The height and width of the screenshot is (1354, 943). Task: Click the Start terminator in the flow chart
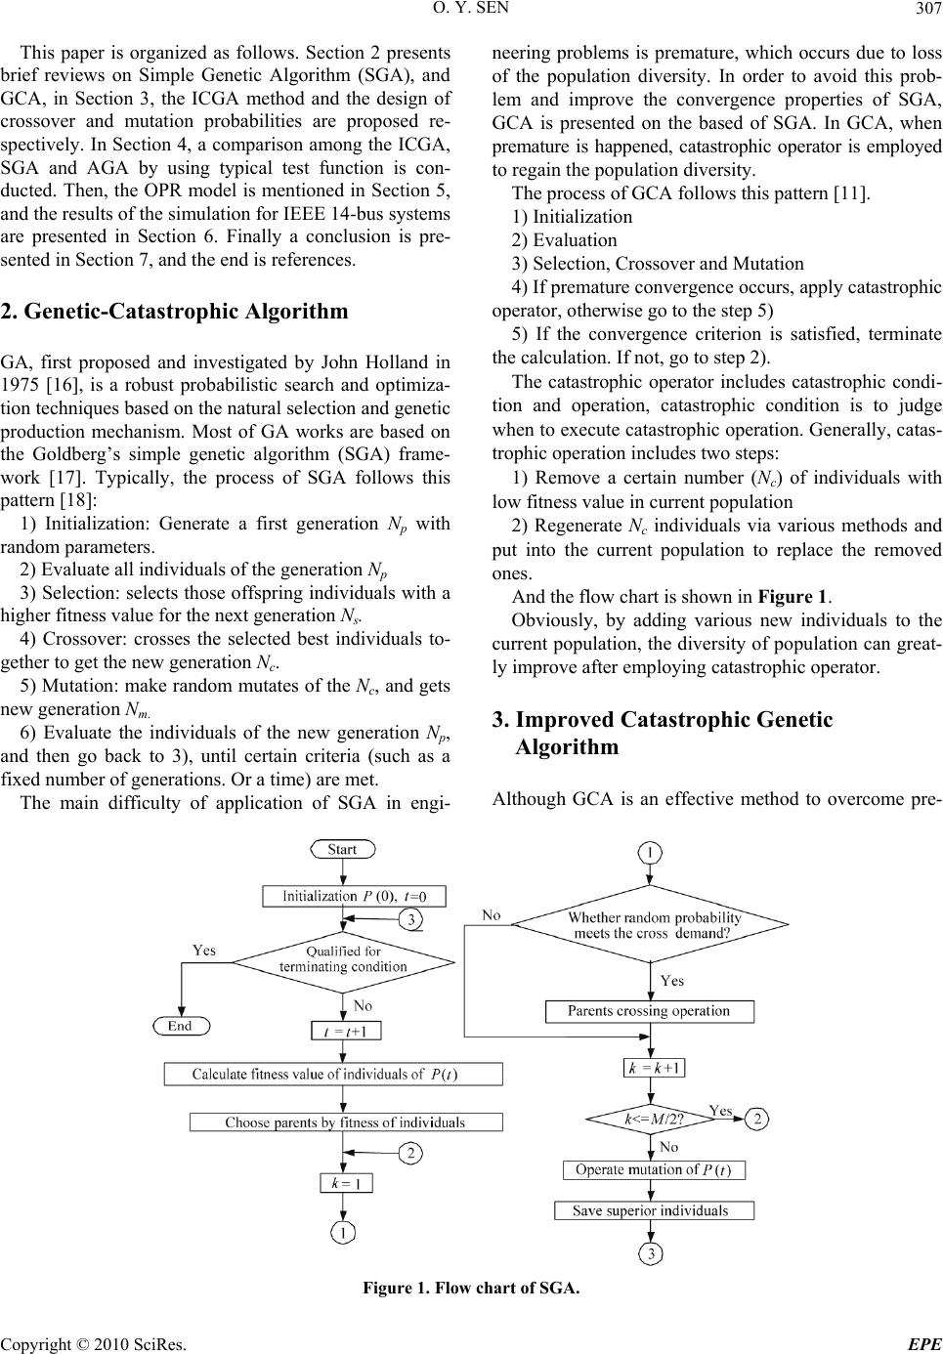342,849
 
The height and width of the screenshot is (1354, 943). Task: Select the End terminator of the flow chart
180,1026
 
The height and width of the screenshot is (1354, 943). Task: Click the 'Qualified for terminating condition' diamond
343,958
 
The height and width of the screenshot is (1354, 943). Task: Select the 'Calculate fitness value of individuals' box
333,1075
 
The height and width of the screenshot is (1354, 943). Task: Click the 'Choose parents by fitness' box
346,1122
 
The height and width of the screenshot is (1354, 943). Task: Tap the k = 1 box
346,1183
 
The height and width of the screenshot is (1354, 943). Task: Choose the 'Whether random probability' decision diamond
651,924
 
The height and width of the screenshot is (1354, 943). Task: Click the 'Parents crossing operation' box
651,1011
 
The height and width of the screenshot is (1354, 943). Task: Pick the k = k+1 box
655,1068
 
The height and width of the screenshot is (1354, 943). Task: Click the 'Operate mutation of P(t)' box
654,1169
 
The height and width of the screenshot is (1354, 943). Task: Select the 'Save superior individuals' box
654,1210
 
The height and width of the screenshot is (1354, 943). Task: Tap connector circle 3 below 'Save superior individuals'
651,1251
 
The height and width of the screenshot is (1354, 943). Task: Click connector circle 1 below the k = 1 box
345,1234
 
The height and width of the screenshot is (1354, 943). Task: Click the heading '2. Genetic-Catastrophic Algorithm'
175,312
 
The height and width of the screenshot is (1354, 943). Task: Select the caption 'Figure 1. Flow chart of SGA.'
471,1288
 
